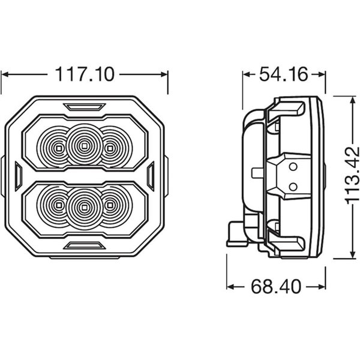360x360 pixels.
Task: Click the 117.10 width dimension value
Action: pyautogui.click(x=84, y=74)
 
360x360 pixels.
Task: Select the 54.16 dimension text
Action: pyautogui.click(x=283, y=74)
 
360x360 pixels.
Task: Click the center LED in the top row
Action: pyautogui.click(x=83, y=144)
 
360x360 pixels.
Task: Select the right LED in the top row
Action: pyautogui.click(x=110, y=146)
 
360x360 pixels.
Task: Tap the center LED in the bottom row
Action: pyautogui.click(x=83, y=208)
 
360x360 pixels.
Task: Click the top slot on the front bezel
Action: pyautogui.click(x=83, y=107)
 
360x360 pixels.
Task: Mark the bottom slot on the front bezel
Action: pyautogui.click(x=83, y=245)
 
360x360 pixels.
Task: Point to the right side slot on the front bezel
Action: pyautogui.click(x=151, y=176)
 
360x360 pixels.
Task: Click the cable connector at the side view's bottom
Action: pyautogui.click(x=235, y=236)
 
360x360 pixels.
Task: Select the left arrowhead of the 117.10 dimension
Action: pyautogui.click(x=5, y=74)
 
